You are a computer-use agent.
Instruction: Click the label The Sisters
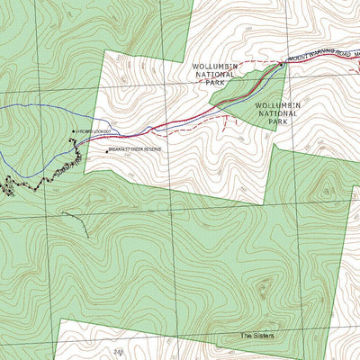click(x=256, y=337)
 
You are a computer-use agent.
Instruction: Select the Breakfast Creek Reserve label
click(x=136, y=150)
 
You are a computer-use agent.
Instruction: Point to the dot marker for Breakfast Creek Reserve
click(x=106, y=150)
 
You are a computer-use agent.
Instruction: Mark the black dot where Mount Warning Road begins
click(x=282, y=65)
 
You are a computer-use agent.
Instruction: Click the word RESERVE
click(x=152, y=150)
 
